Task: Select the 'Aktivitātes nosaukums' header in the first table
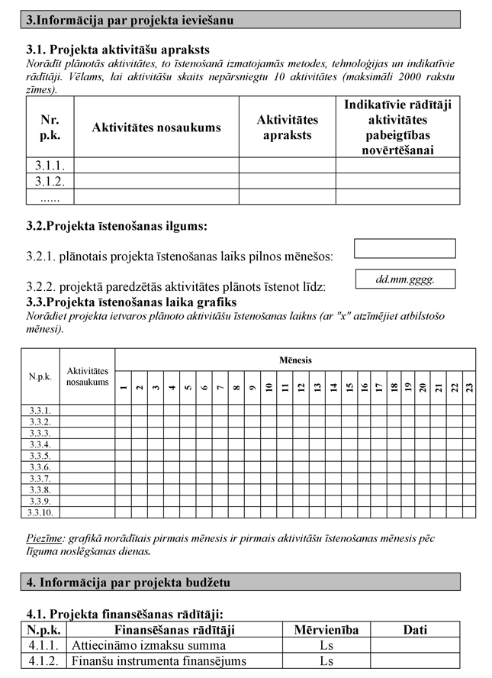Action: coord(156,128)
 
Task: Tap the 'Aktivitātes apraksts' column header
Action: coord(288,128)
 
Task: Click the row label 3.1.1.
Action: coord(50,165)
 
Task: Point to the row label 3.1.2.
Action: coord(50,181)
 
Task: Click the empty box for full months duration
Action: coord(404,249)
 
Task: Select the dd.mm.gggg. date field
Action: coord(404,279)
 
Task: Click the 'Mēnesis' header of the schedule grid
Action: coord(295,360)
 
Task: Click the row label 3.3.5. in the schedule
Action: coord(40,456)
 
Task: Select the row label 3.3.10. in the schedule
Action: coord(40,512)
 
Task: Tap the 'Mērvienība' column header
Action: coord(326,630)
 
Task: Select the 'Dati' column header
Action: coord(415,630)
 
